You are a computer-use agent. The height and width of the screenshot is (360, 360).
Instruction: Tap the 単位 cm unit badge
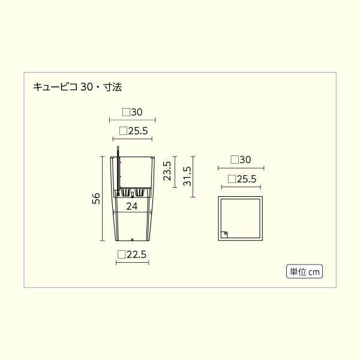click(305, 272)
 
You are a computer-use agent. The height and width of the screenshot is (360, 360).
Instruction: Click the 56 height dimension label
click(96, 199)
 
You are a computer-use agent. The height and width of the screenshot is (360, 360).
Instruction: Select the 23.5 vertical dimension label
click(167, 170)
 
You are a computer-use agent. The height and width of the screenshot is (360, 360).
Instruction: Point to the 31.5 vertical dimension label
click(187, 175)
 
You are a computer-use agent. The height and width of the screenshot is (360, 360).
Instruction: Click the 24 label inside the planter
click(132, 206)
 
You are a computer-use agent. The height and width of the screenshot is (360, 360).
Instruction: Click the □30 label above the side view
click(132, 112)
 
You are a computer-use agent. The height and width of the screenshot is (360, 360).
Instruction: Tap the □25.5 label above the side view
click(133, 131)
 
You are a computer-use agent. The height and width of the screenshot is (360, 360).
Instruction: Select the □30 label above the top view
click(240, 160)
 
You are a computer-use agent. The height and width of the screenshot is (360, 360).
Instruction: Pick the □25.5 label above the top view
click(242, 179)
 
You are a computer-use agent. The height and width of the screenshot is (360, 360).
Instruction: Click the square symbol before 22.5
click(122, 254)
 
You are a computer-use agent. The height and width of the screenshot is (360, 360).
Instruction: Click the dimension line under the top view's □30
click(240, 169)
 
